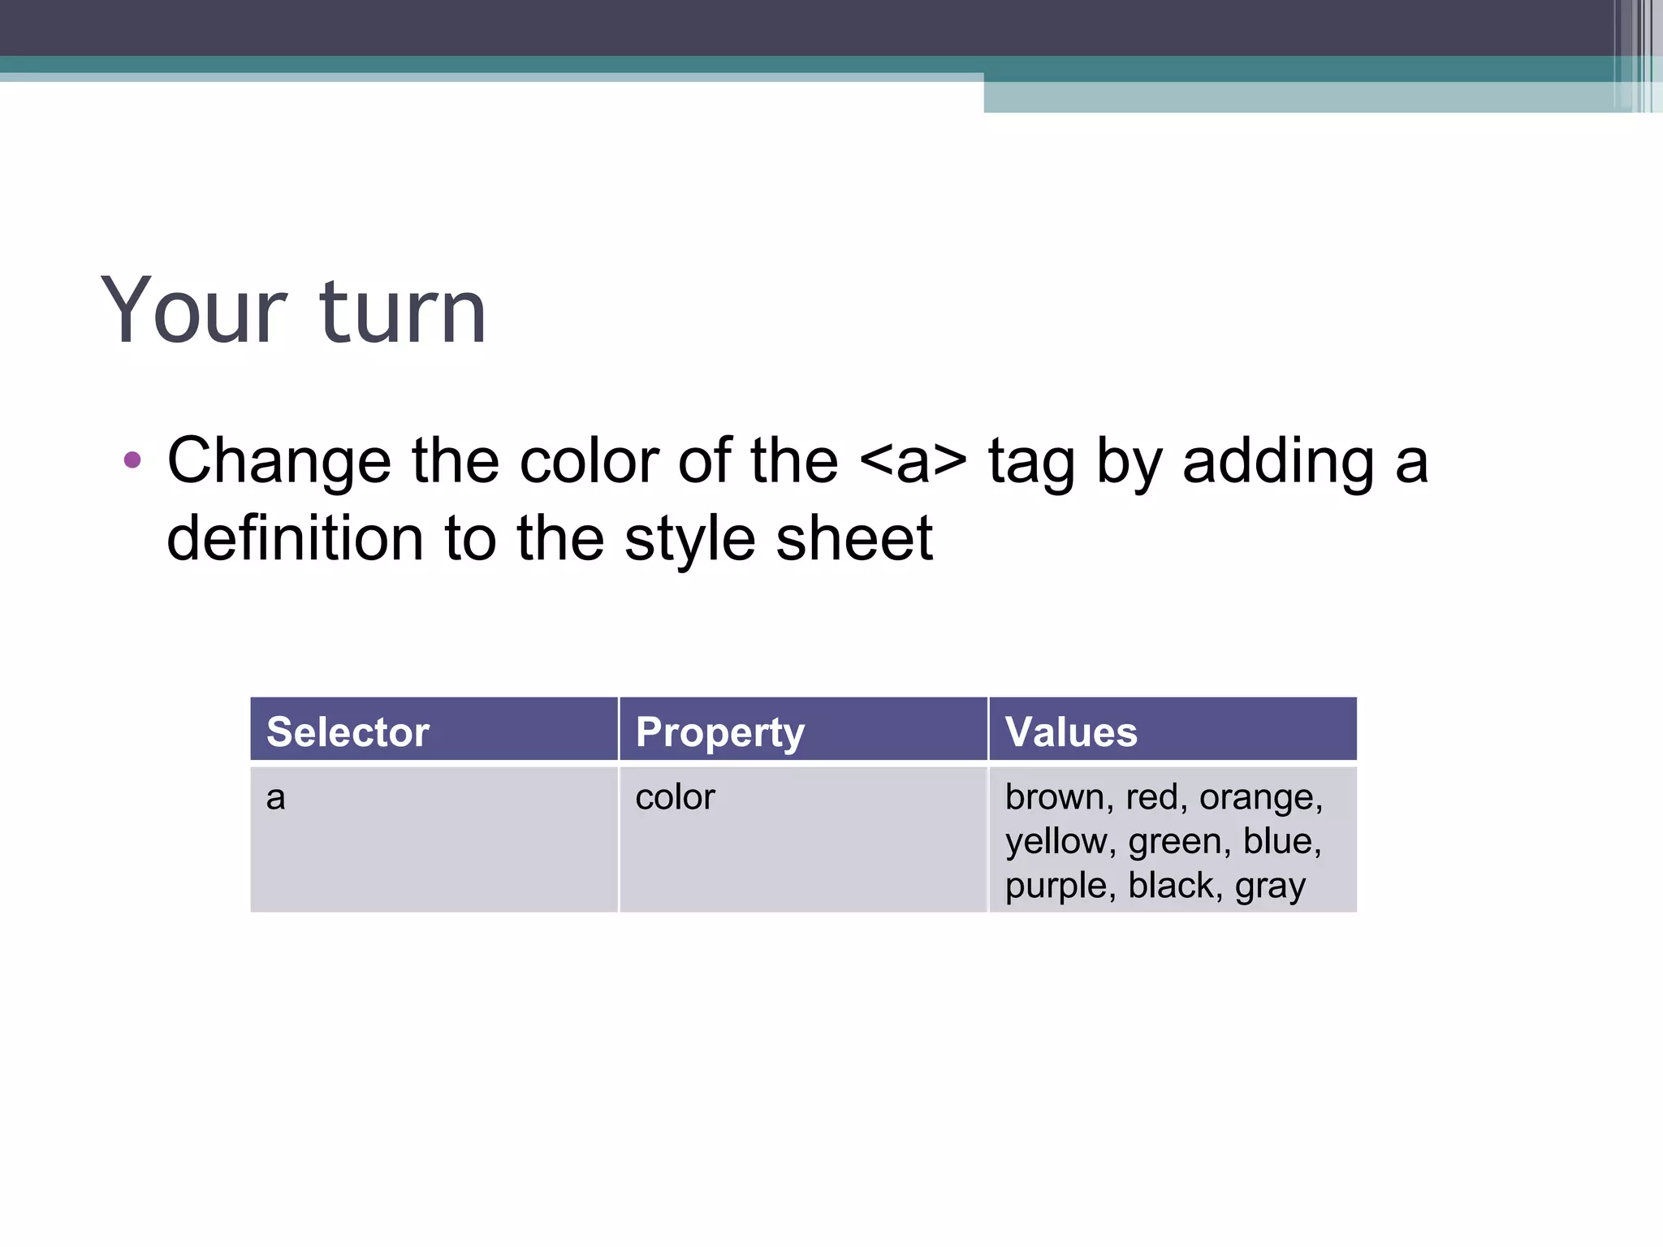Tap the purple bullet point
tap(132, 461)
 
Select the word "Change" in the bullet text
tap(279, 461)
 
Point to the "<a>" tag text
tap(913, 461)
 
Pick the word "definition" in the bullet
tap(295, 538)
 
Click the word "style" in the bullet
tap(689, 538)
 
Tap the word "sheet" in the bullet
tap(854, 538)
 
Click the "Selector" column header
tap(348, 731)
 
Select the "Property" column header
tap(720, 731)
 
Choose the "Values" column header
tap(1071, 731)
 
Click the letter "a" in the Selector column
tap(276, 798)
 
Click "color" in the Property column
tap(675, 797)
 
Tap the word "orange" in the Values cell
tap(1259, 797)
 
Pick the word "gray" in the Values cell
tap(1270, 886)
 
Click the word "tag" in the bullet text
tap(1031, 461)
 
